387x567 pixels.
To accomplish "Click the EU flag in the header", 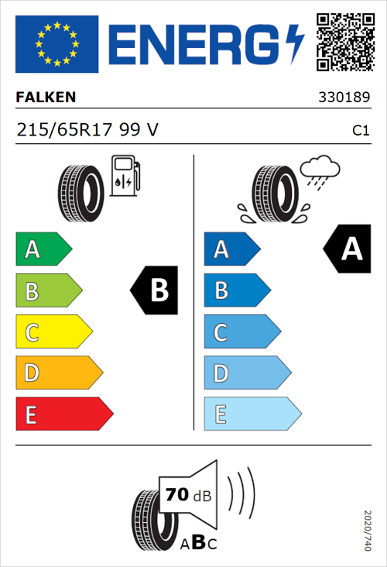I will pos(57,43).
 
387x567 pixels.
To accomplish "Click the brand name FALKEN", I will pos(46,98).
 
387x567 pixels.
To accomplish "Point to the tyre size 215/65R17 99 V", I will pos(87,130).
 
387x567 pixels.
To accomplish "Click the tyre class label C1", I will pos(361,131).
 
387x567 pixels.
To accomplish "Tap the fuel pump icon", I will pos(125,175).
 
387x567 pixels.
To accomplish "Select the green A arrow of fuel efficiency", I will pos(43,249).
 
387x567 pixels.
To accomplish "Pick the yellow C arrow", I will pos(53,332).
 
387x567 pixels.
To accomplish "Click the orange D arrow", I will pos(58,373).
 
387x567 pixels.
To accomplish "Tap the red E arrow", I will pos(63,414).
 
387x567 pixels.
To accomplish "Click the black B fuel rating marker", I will pos(154,290).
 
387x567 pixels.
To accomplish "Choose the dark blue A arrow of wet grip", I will pos(231,249).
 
